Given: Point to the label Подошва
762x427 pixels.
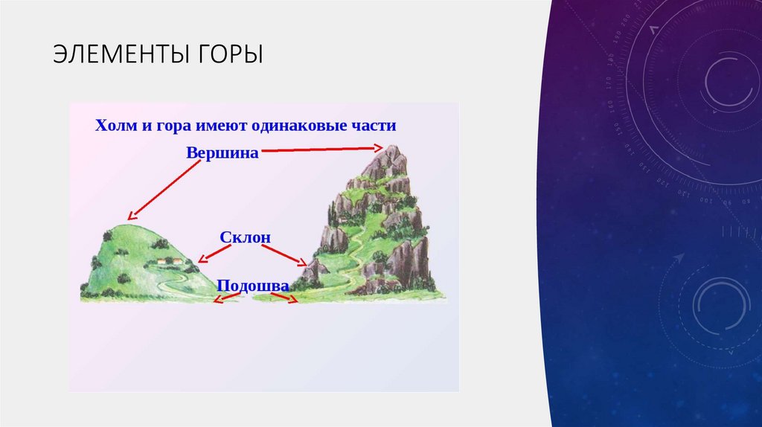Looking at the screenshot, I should [253, 285].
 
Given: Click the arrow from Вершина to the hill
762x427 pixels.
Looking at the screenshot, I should [161, 190].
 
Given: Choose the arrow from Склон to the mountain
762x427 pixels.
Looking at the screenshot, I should [286, 256].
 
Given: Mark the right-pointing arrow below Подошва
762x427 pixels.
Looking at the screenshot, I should [284, 298].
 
